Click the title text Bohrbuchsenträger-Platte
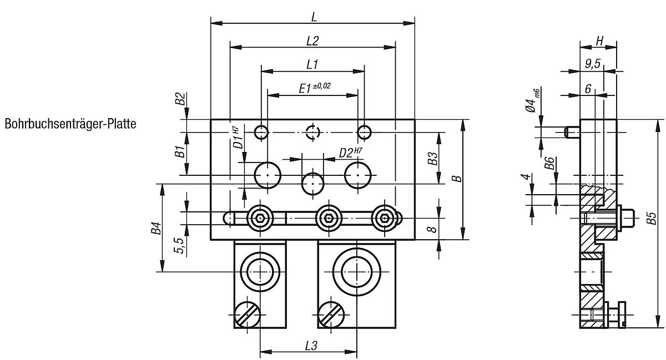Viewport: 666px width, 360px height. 70,124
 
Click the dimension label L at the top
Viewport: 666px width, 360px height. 314,17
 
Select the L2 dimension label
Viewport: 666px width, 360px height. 312,41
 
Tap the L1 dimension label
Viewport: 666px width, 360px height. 312,64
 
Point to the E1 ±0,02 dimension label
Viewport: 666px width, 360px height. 315,88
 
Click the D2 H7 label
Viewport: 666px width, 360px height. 351,152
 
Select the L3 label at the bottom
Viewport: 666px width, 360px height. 311,346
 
